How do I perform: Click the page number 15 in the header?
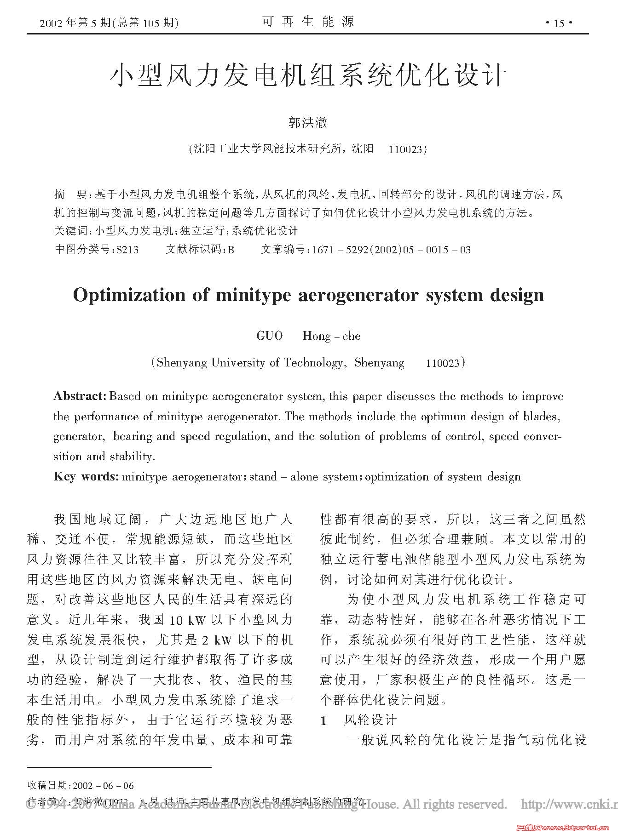coord(559,23)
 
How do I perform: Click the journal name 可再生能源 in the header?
coord(308,22)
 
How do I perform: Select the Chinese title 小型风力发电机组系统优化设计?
coord(308,75)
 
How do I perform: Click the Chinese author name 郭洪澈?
coord(308,122)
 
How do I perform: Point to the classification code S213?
coord(127,250)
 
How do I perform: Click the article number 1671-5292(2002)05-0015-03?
coord(391,250)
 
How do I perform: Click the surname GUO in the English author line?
coord(270,336)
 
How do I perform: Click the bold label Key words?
coord(86,476)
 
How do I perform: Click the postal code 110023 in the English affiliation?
coord(443,363)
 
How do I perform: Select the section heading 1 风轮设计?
coord(358,720)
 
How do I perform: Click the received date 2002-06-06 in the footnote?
coord(103,786)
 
